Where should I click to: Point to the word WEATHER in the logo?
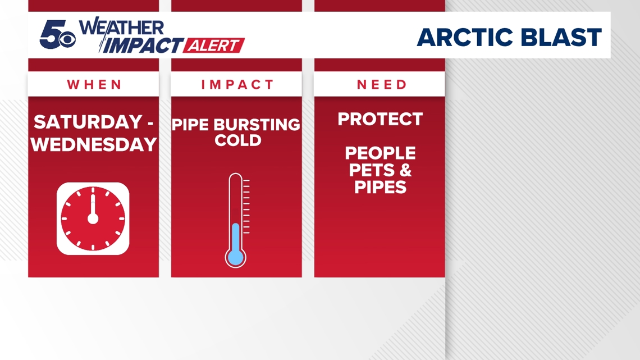tap(122, 28)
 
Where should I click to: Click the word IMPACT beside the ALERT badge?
tap(141, 45)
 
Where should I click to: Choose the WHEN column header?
tap(94, 85)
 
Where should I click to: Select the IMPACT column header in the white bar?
tap(237, 85)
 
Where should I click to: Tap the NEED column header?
tap(380, 85)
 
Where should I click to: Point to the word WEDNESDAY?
tap(94, 144)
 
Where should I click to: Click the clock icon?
tap(93, 218)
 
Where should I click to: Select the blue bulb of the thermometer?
tap(236, 257)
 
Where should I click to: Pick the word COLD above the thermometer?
tap(238, 140)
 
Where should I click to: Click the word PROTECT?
tap(380, 119)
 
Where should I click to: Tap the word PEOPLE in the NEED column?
tap(380, 153)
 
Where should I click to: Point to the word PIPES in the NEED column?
tap(380, 186)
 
